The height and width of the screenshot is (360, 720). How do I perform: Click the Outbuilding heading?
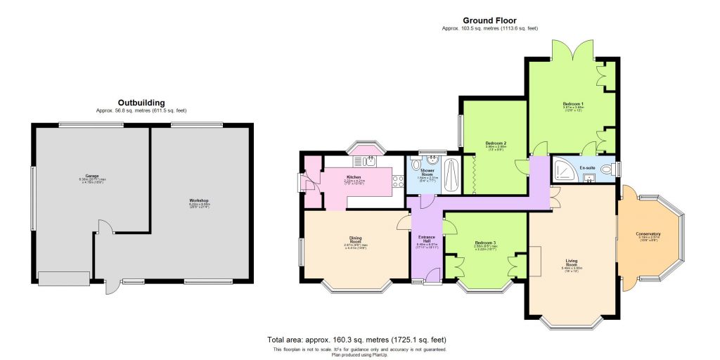tap(141, 103)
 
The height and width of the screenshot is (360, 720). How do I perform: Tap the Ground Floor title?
tap(489, 20)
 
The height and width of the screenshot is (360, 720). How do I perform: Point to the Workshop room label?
tap(199, 201)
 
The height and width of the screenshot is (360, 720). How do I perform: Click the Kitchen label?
tap(354, 176)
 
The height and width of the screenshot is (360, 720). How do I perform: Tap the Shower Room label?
tap(427, 173)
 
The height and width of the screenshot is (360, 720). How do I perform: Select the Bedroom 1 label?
tap(573, 103)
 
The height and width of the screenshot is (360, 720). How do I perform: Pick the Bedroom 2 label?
tap(496, 143)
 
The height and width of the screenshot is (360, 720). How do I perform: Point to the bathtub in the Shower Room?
tap(451, 175)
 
